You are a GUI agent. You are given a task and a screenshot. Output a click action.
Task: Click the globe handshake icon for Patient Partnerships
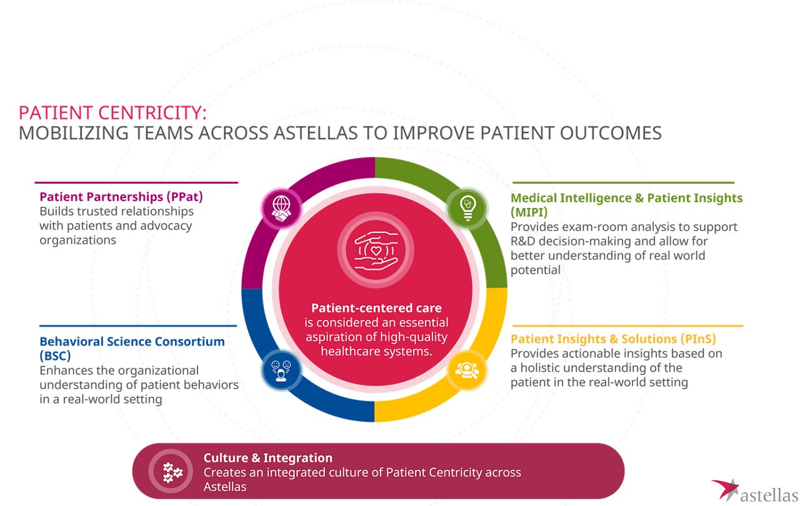pos(281,209)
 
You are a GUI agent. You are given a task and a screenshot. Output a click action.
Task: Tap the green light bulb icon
pos(467,208)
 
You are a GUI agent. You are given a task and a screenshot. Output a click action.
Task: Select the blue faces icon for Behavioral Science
pos(281,370)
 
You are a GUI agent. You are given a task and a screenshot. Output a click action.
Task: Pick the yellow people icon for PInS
pos(467,370)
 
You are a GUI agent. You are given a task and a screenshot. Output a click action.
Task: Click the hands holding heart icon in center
pos(376,250)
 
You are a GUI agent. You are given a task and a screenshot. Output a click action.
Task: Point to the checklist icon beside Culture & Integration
pos(172,472)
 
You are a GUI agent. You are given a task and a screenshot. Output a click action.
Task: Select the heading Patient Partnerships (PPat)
pos(121,197)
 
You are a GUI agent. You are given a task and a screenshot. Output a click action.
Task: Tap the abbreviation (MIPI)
pos(529,212)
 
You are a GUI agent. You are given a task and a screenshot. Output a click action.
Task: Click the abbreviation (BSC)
pos(55,356)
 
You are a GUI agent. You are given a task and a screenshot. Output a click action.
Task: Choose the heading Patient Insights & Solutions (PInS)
pos(613,339)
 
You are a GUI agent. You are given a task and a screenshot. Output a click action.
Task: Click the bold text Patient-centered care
pos(376,307)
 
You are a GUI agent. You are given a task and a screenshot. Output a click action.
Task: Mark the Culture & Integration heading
pos(268,457)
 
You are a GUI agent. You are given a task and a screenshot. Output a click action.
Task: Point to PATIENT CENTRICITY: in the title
pos(112,113)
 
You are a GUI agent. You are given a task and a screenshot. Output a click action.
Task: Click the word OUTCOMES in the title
pos(611,133)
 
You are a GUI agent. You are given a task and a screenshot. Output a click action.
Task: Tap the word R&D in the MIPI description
pos(523,241)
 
